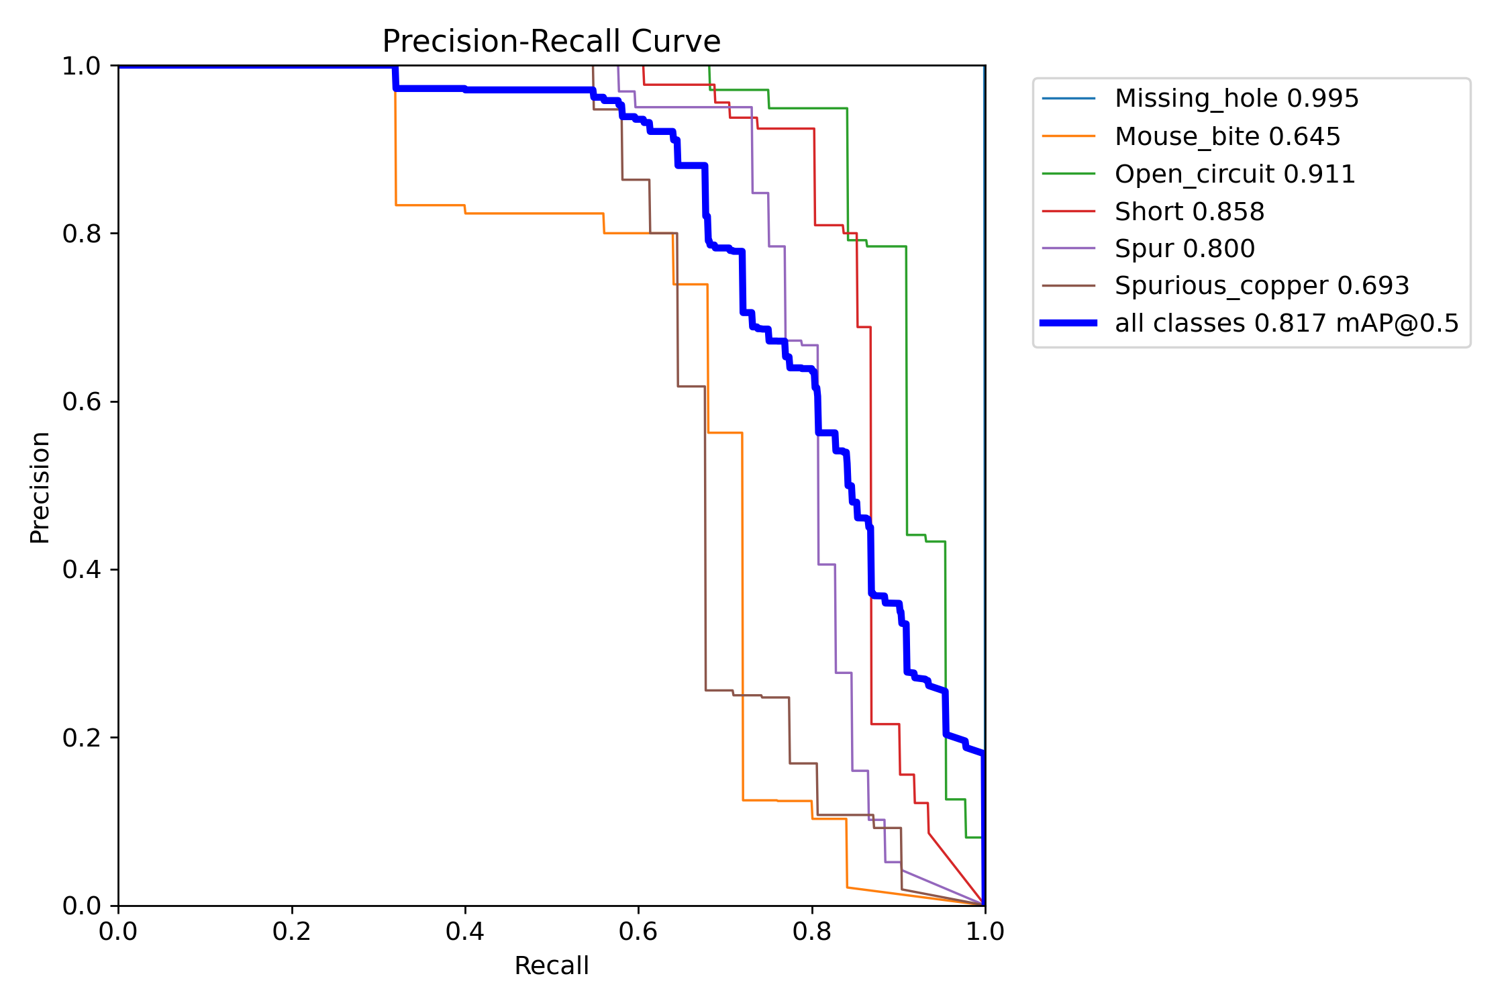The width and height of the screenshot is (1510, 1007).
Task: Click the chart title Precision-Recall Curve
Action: pos(551,42)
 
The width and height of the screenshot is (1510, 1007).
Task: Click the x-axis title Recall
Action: pos(552,966)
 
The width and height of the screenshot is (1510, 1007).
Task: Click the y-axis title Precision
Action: pos(40,487)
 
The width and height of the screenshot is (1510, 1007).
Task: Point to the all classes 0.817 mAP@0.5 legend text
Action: pos(1287,324)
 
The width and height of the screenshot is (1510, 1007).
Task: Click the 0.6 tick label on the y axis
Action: pos(81,401)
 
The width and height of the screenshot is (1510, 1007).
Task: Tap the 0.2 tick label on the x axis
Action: pos(292,931)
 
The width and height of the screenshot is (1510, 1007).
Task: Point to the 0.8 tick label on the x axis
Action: pos(812,931)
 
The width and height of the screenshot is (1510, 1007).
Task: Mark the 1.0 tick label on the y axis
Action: pos(81,66)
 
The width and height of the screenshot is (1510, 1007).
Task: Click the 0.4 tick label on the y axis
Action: pos(81,569)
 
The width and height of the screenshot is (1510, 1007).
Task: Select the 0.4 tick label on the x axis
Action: pos(465,931)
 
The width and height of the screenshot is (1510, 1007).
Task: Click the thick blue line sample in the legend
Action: pos(1068,324)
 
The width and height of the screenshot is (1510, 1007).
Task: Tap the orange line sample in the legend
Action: pos(1068,136)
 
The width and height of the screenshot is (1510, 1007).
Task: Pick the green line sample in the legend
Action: pos(1068,174)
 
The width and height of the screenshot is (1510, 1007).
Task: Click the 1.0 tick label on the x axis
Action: pos(985,931)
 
